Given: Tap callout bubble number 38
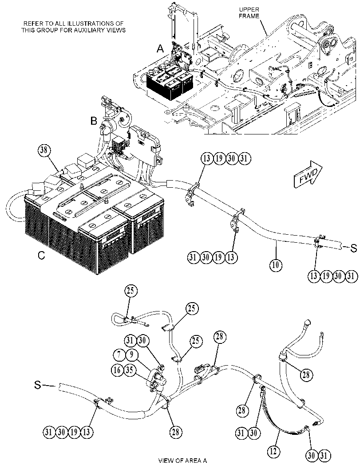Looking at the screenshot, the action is pyautogui.click(x=44, y=150).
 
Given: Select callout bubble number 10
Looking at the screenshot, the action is pyautogui.click(x=276, y=265).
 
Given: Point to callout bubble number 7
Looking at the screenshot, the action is pyautogui.click(x=119, y=355).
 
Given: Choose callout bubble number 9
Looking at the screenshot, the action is pyautogui.click(x=131, y=355).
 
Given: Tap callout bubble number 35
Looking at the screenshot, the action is pyautogui.click(x=129, y=370).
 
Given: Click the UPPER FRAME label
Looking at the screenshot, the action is pyautogui.click(x=249, y=13).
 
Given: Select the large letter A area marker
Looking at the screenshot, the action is pyautogui.click(x=161, y=48).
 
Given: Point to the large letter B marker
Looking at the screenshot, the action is pyautogui.click(x=94, y=121).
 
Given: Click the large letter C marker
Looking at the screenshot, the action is pyautogui.click(x=41, y=256).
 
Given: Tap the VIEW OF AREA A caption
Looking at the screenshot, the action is pyautogui.click(x=182, y=460).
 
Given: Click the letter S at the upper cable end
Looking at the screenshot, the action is pyautogui.click(x=354, y=248).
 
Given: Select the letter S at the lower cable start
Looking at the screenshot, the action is pyautogui.click(x=37, y=385).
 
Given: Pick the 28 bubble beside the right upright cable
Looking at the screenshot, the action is pyautogui.click(x=305, y=374).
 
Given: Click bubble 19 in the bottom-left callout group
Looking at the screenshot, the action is pyautogui.click(x=74, y=432).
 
